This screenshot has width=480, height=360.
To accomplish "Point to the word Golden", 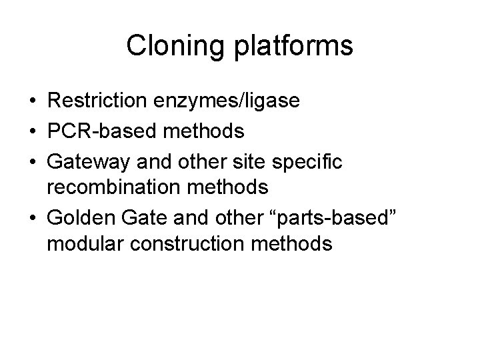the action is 77,217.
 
